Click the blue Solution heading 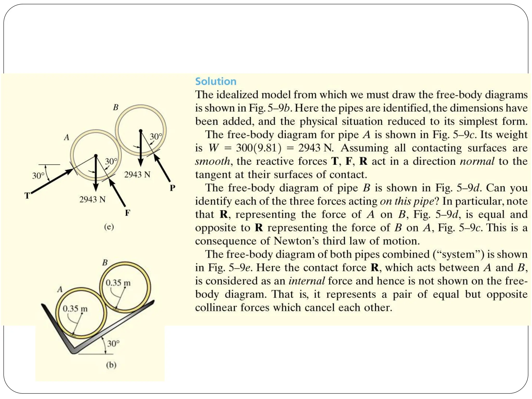coord(216,82)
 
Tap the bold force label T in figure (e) coord(27,195)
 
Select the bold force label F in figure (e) coord(127,213)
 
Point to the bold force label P coord(172,188)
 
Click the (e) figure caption coord(109,227)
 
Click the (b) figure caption coord(111,365)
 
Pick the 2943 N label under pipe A coord(92,199)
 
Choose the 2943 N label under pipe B coord(137,175)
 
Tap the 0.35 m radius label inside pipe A coord(75,309)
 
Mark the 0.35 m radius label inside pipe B coord(118,283)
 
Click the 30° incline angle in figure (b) coord(113,344)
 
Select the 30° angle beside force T coord(38,176)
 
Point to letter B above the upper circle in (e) coord(116,107)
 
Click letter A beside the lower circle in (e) coord(67,137)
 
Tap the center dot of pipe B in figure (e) coord(141,131)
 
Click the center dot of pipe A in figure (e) coord(96,156)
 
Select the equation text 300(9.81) coord(258,148)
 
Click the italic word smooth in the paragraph coord(212,161)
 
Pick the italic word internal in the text coord(307,281)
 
